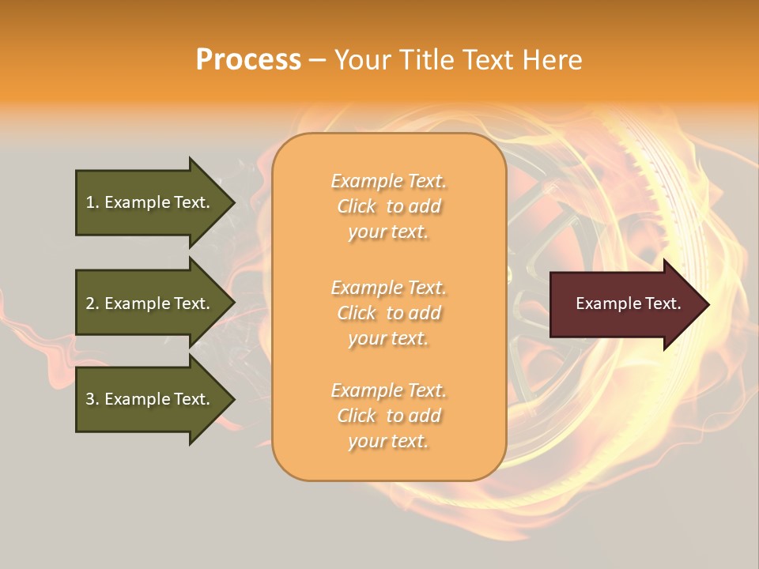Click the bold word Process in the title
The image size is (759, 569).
[248, 60]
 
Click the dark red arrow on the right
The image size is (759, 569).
[625, 304]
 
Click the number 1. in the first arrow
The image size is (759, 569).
[93, 202]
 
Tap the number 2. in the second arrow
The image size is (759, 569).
[93, 303]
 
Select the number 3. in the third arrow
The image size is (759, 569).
[93, 399]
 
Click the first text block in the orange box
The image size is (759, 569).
[388, 206]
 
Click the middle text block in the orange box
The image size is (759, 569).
[388, 313]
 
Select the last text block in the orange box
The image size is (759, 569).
[388, 416]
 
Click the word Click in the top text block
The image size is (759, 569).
[357, 206]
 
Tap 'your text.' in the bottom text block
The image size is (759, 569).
[388, 441]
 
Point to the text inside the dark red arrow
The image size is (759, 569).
[628, 303]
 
